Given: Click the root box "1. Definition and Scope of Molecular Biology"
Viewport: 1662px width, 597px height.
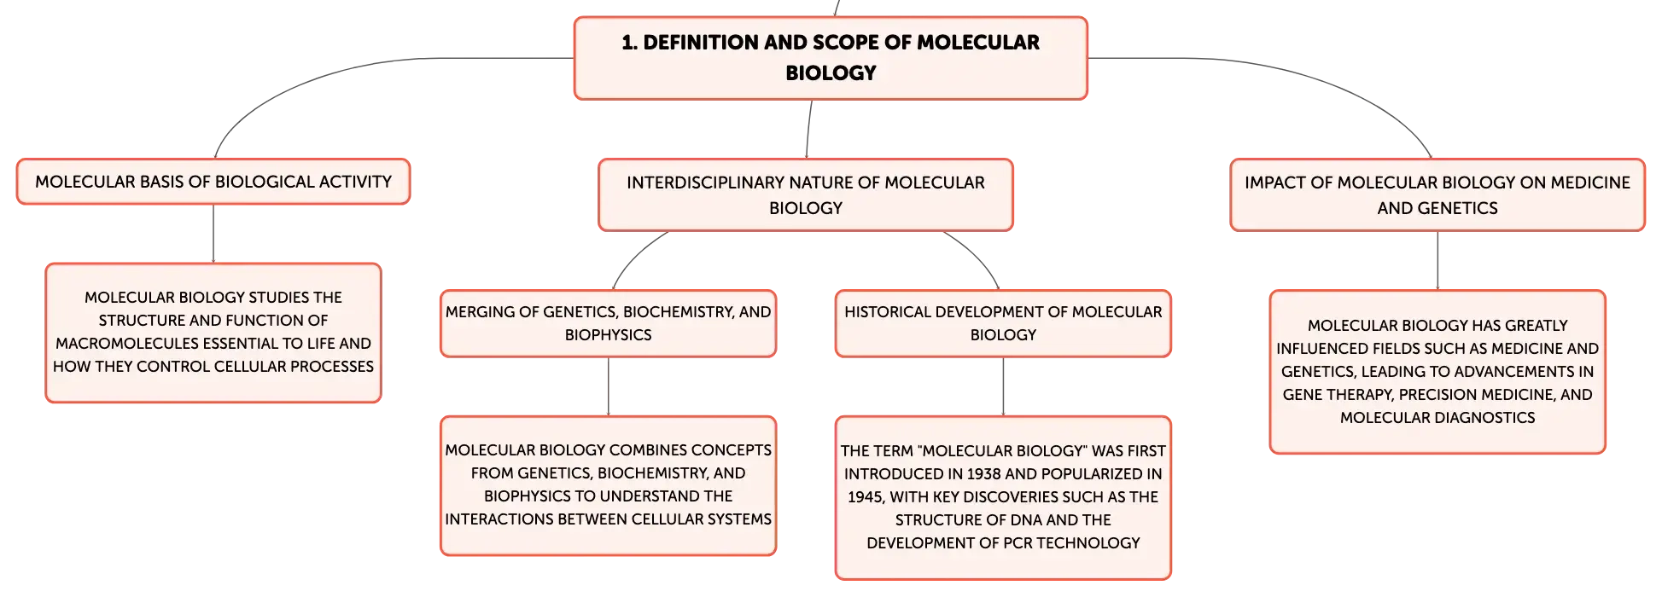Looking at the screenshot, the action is point(831,58).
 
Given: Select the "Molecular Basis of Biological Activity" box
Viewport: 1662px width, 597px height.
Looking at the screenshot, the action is point(213,182).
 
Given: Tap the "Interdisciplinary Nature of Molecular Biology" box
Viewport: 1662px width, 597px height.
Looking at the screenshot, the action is point(806,194).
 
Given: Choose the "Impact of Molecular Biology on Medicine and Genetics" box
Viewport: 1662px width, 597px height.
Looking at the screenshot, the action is point(1437,194).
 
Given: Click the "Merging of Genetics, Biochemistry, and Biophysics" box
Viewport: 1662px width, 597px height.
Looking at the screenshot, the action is point(608,323).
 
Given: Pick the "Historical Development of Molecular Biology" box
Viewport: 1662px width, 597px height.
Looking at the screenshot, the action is point(1003,323).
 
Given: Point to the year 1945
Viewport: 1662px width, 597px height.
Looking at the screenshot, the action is point(865,496).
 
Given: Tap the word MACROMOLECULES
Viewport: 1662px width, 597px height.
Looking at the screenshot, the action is point(116,343).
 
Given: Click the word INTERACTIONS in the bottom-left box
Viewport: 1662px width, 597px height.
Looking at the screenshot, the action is point(499,519).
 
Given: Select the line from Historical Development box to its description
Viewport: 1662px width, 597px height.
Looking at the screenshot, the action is point(1003,386).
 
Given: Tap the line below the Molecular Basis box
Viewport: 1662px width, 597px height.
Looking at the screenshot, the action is point(213,234).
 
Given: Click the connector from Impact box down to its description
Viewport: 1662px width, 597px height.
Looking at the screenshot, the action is point(1437,260).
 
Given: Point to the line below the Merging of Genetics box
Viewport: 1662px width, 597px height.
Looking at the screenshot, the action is point(608,386).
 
